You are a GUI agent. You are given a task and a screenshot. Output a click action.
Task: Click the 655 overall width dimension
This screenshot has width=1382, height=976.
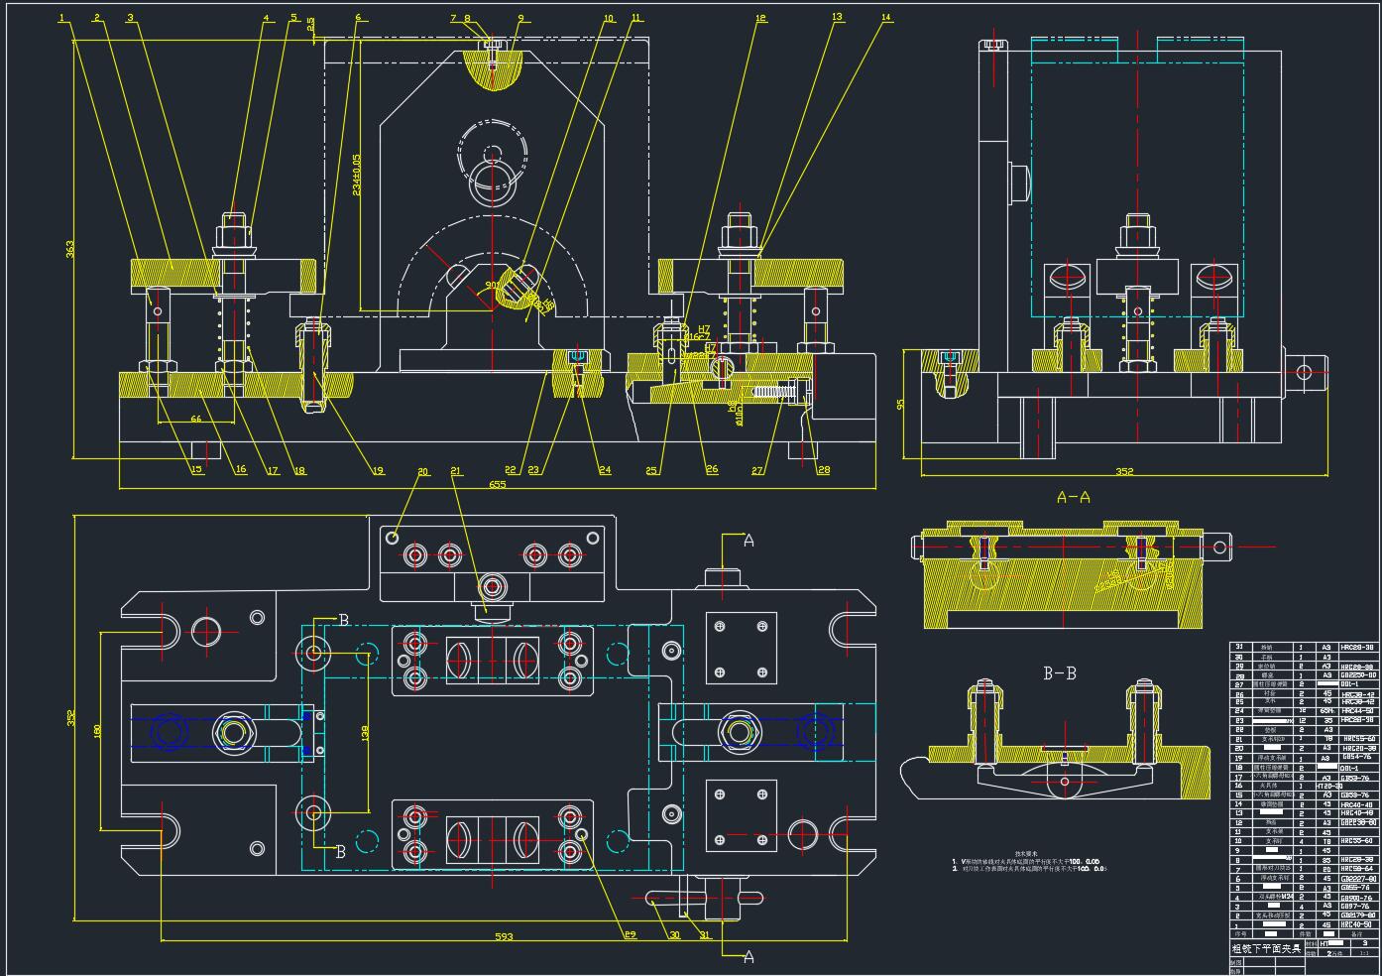(498, 484)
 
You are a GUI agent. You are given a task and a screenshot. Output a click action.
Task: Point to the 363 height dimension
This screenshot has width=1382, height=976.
(70, 250)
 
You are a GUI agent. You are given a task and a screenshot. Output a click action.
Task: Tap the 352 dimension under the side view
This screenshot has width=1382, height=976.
(1123, 471)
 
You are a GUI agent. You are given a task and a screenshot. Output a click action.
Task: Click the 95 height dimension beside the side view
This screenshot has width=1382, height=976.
(900, 404)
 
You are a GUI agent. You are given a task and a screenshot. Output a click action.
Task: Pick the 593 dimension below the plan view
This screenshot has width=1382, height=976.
(504, 936)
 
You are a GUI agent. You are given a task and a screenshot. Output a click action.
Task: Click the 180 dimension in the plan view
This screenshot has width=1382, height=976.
(97, 730)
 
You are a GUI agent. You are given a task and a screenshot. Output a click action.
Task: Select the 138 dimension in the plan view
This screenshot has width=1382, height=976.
(364, 732)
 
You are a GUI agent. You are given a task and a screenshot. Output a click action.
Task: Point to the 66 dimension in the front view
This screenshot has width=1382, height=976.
(195, 420)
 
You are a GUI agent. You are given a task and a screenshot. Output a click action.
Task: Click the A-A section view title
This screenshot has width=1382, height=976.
(1073, 497)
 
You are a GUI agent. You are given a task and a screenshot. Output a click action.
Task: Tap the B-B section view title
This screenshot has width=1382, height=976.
(1059, 673)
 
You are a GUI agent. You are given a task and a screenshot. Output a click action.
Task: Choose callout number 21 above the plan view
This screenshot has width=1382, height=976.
(455, 470)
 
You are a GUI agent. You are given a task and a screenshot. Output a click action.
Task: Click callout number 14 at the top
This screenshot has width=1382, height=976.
(885, 17)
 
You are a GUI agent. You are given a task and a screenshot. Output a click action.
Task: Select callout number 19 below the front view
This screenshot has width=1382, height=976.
(378, 471)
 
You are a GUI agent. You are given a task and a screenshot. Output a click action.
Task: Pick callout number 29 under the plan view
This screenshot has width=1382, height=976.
(630, 934)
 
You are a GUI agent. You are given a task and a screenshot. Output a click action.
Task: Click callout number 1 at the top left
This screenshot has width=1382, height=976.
(62, 18)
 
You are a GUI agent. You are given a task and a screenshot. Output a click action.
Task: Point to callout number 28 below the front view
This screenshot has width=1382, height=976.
(823, 470)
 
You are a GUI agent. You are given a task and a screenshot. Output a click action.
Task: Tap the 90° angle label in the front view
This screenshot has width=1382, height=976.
(493, 286)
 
